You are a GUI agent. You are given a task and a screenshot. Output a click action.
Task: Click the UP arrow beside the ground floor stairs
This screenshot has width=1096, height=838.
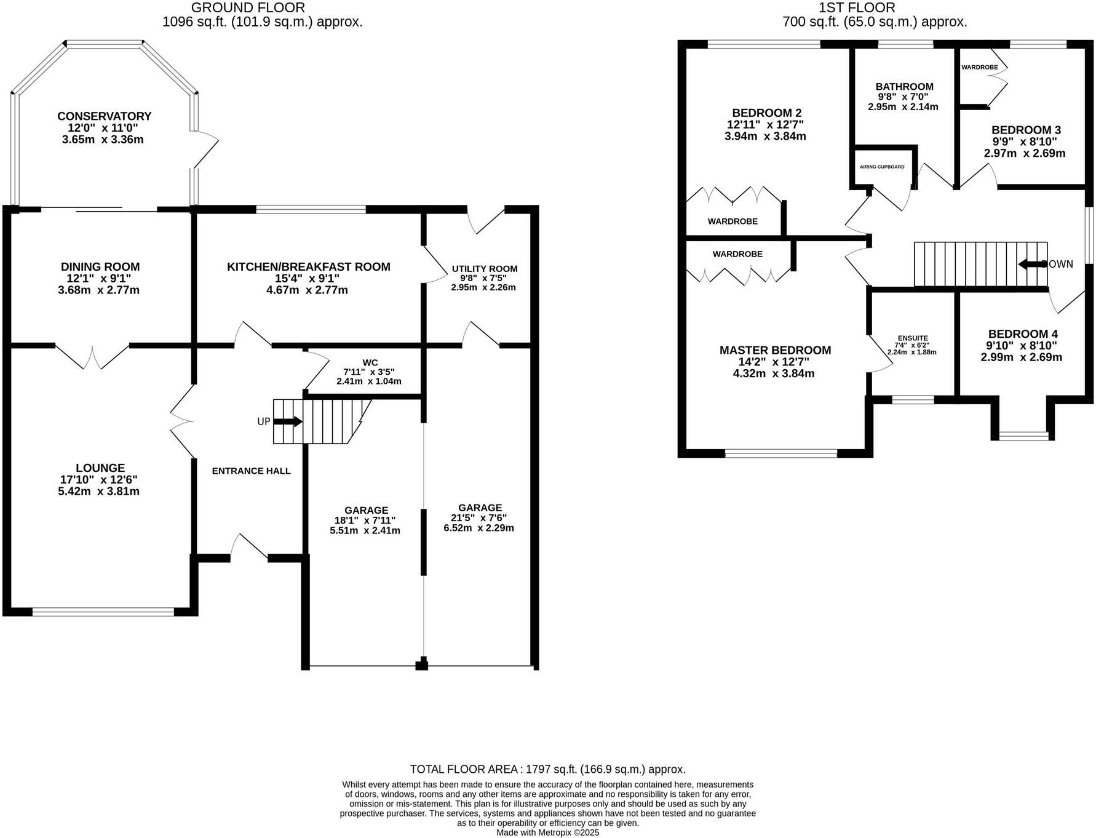click(287, 421)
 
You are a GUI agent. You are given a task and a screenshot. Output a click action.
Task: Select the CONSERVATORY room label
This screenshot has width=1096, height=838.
click(104, 116)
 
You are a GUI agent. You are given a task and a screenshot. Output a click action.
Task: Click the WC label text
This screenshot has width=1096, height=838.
click(370, 362)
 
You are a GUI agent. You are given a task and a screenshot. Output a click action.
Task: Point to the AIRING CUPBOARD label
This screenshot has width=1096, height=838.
click(882, 167)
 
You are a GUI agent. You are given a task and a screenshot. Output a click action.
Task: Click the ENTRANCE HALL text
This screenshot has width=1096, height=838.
click(251, 471)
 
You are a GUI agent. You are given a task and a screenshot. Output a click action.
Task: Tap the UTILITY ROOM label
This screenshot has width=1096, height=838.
click(484, 268)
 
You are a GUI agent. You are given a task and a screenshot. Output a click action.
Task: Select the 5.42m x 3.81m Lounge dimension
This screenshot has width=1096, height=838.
click(98, 491)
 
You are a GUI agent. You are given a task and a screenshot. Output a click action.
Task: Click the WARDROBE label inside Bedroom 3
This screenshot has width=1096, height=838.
click(979, 67)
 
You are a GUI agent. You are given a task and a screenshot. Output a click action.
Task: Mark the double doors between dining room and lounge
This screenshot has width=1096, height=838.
click(93, 357)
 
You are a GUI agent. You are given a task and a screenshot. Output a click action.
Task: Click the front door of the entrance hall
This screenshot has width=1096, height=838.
click(249, 548)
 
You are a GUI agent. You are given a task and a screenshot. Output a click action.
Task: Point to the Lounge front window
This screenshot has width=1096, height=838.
click(103, 612)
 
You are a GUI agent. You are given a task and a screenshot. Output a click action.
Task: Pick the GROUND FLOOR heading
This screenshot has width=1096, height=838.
click(248, 7)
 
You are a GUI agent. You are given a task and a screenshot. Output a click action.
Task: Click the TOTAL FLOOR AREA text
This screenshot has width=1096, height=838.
click(547, 769)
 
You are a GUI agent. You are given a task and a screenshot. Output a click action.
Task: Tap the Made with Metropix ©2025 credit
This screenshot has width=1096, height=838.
click(547, 832)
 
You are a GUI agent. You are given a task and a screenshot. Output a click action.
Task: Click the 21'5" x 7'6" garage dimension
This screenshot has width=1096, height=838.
click(479, 517)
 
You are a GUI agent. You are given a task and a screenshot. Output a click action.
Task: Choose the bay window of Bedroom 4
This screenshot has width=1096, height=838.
click(1023, 436)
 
